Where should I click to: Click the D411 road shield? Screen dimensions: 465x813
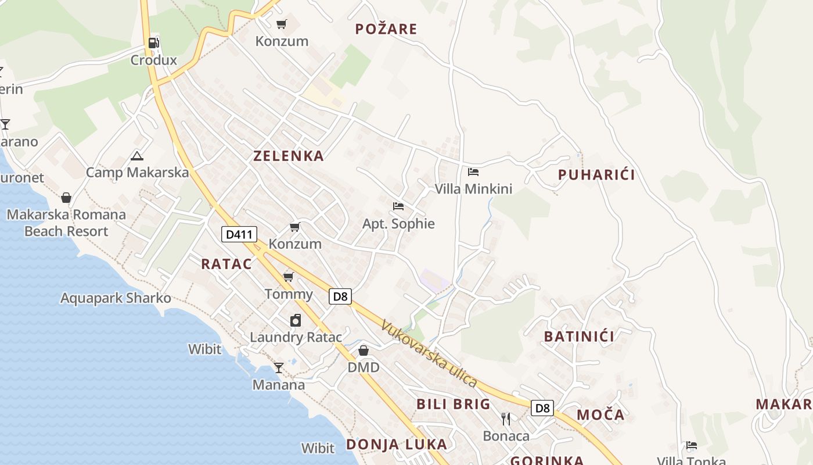tap(239, 234)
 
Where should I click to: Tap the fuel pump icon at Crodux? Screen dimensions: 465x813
tap(153, 42)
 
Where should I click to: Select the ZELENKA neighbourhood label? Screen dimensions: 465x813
tap(289, 156)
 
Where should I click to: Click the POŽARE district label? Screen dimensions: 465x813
tap(386, 29)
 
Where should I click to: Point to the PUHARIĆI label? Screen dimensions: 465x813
tap(596, 175)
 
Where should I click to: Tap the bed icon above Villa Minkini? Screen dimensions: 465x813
tap(473, 172)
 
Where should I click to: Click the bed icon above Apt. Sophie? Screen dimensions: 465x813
tap(398, 206)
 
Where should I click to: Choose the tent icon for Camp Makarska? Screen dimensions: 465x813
tap(137, 156)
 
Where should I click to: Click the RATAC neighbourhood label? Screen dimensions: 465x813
tap(226, 264)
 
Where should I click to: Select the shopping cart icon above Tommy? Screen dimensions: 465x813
tap(289, 277)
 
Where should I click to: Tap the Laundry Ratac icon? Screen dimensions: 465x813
tap(296, 320)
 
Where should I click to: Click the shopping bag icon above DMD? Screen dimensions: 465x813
tap(364, 350)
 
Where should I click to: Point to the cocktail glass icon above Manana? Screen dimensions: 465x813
tap(279, 367)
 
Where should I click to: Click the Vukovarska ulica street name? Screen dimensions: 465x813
tap(429, 354)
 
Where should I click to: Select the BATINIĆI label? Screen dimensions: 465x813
tap(579, 337)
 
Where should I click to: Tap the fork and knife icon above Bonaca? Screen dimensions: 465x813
tap(506, 419)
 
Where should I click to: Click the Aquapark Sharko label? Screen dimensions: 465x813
tap(116, 298)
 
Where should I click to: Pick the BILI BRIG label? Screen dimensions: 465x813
tap(454, 404)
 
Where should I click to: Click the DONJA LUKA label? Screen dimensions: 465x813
tap(397, 445)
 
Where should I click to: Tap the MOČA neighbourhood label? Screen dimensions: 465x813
tap(600, 415)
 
